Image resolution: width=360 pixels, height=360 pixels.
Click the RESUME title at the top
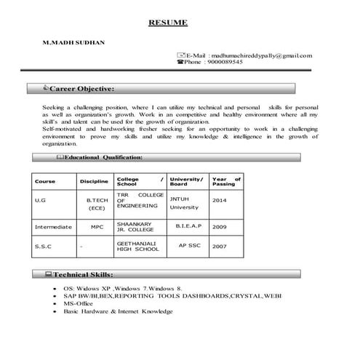(168, 23)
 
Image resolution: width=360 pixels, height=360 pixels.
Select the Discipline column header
(94, 181)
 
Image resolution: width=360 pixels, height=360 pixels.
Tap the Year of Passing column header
(226, 181)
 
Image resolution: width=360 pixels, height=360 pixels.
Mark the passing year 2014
(220, 199)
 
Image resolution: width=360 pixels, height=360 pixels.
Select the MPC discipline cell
(97, 227)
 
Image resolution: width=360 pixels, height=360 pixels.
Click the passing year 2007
(220, 247)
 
